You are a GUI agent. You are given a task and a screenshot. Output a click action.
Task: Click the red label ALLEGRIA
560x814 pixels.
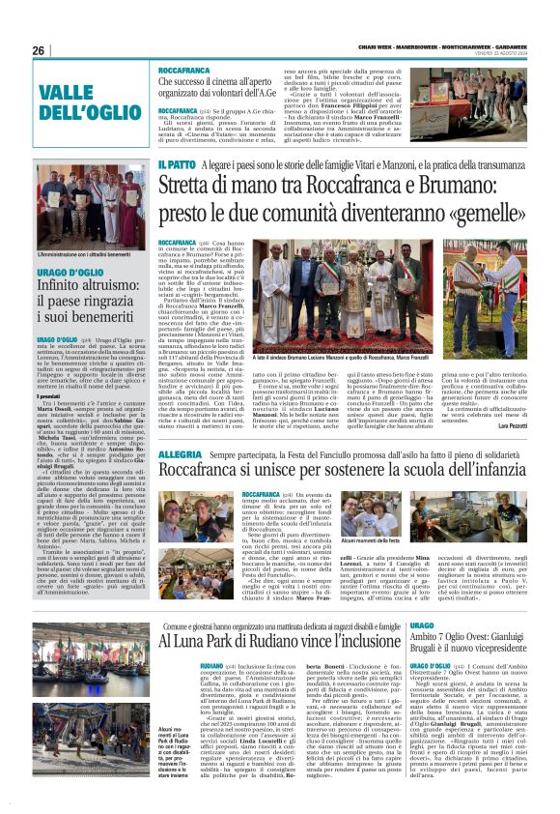pos(180,454)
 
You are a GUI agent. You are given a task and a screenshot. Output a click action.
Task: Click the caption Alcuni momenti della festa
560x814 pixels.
pos(400,543)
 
